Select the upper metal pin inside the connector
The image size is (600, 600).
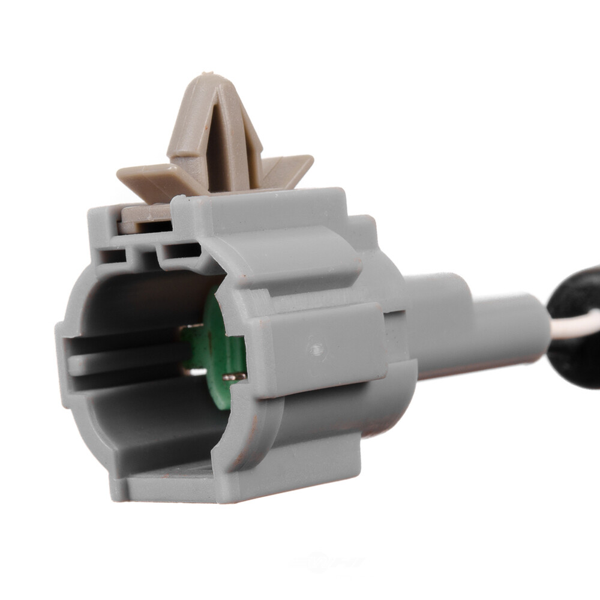[191, 327]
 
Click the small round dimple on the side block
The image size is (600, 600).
[317, 347]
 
